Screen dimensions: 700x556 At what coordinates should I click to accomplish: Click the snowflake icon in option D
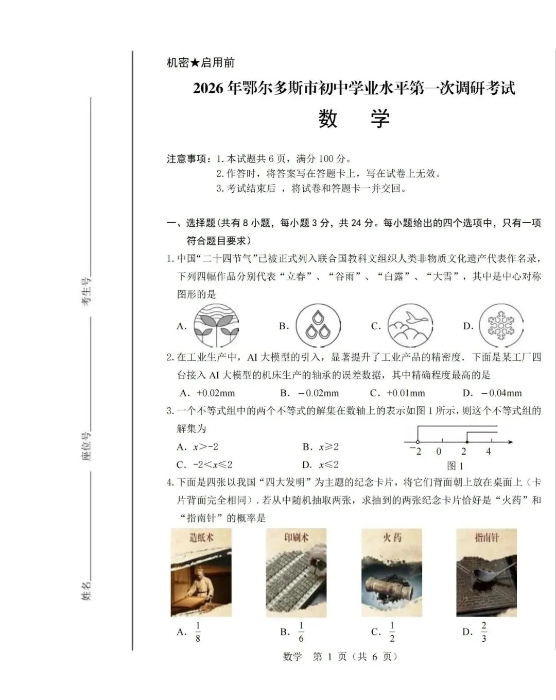[x=501, y=326]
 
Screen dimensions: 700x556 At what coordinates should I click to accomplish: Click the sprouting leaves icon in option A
[x=216, y=326]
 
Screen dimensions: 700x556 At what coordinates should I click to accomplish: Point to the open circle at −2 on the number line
[x=417, y=442]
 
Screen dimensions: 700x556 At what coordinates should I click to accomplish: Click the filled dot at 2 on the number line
[x=466, y=442]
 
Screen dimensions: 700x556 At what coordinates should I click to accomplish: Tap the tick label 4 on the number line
[x=489, y=452]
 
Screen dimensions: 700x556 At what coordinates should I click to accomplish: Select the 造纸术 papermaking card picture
[x=201, y=572]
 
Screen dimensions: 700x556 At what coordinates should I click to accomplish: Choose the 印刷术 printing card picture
[x=296, y=572]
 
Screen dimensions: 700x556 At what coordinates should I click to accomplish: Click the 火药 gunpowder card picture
[x=392, y=572]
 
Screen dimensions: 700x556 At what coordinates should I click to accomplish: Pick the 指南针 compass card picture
[x=486, y=572]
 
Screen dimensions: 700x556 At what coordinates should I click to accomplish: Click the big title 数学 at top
[x=354, y=119]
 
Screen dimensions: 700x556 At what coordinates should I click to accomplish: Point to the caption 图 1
[x=456, y=466]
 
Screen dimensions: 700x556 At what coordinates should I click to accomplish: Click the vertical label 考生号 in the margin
[x=86, y=291]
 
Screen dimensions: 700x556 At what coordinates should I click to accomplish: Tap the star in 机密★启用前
[x=195, y=63]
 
